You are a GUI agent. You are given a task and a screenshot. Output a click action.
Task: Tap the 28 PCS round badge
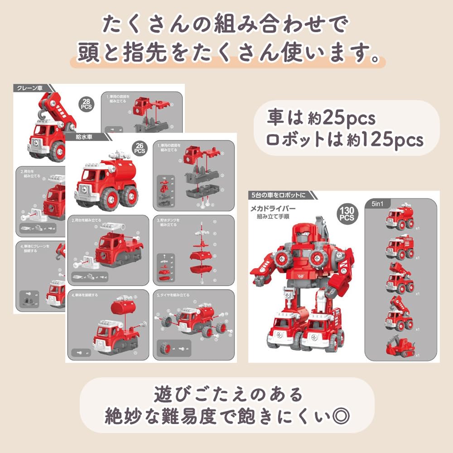(86, 103)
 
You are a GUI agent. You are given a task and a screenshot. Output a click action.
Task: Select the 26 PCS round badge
(140, 148)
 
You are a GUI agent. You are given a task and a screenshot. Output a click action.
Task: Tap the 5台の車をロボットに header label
(278, 195)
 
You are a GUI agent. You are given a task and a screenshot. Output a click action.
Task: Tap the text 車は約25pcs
(321, 119)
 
